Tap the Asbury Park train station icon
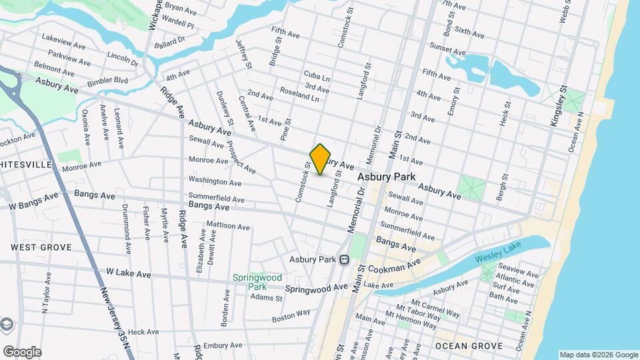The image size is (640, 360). [344, 259]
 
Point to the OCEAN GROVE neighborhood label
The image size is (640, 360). [463, 346]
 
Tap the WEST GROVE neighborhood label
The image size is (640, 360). [41, 247]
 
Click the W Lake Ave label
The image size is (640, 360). [129, 273]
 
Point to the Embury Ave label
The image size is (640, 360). [222, 345]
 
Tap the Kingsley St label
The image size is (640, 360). [557, 107]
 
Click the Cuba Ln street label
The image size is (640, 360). [316, 77]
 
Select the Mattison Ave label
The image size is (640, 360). [228, 226]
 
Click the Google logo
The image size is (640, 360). [21, 351]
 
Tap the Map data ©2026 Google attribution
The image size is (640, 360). [598, 355]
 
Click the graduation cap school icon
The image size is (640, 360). [6, 325]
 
